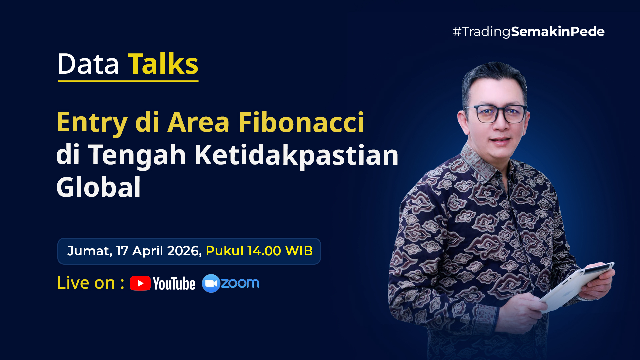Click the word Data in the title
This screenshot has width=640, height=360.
[x=88, y=64]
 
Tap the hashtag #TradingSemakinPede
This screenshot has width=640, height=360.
[x=528, y=32]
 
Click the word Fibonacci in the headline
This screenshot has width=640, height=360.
[x=301, y=122]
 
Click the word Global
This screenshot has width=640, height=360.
[x=98, y=187]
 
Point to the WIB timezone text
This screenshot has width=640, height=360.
[x=299, y=251]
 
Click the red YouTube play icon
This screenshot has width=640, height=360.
[x=140, y=283]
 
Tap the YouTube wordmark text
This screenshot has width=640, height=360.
[x=174, y=284]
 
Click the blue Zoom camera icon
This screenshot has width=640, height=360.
[x=211, y=283]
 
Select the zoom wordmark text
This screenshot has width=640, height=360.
[x=240, y=283]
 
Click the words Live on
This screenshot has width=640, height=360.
[x=86, y=283]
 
